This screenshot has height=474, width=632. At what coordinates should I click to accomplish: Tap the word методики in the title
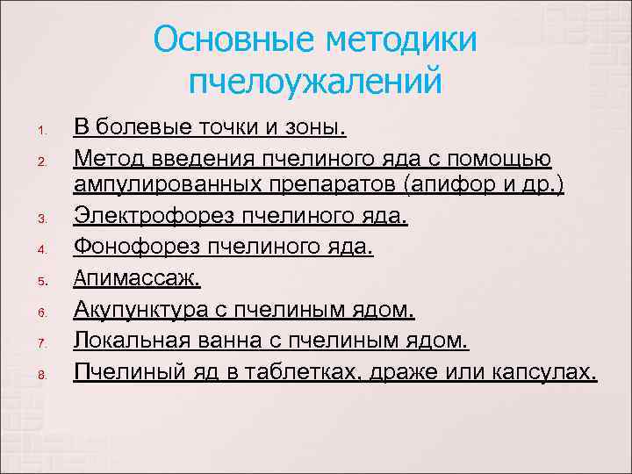click(x=400, y=40)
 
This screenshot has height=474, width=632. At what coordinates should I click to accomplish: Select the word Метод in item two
click(x=106, y=159)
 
